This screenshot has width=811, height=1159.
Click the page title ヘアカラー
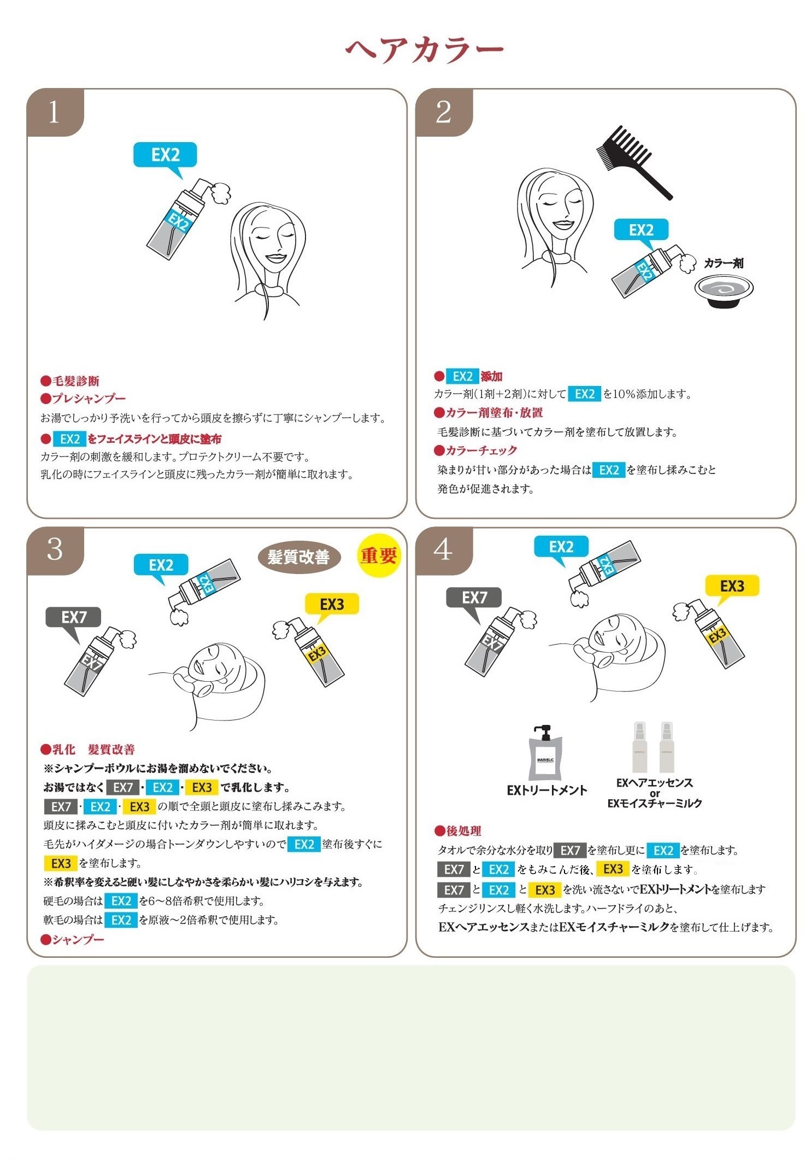[x=424, y=49]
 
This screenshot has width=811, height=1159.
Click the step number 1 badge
[x=55, y=112]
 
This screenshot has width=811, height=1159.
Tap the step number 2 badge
[x=444, y=112]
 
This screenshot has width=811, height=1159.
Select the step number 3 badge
[x=55, y=551]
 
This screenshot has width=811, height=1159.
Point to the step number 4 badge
[x=444, y=551]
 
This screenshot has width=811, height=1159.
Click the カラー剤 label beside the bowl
[x=724, y=264]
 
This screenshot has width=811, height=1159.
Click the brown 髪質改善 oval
[x=299, y=557]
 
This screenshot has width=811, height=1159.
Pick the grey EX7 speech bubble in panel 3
[x=74, y=621]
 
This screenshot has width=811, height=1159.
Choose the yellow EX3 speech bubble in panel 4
[x=732, y=588]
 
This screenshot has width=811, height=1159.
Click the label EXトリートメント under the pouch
[x=546, y=790]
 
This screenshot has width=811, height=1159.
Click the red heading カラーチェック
[x=475, y=450]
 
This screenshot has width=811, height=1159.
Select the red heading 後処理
[x=458, y=831]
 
